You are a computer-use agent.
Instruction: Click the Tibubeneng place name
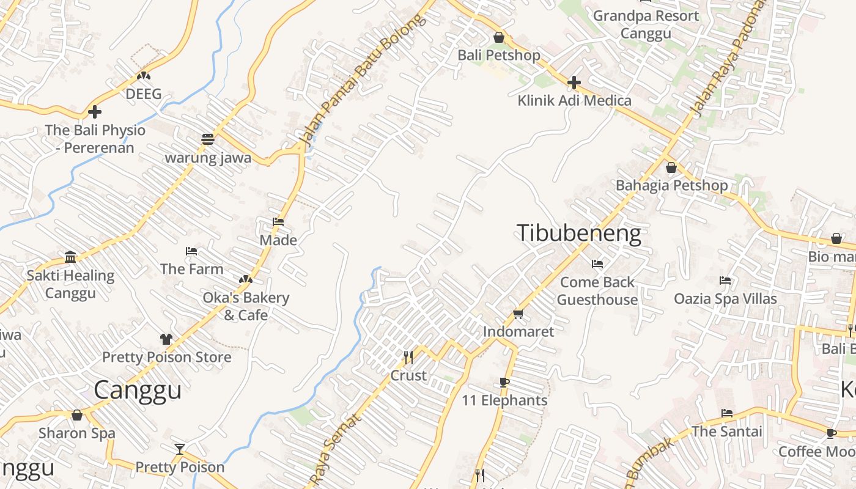click(578, 233)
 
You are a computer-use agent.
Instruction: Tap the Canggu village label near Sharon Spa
click(138, 390)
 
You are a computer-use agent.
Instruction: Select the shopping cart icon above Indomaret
click(518, 314)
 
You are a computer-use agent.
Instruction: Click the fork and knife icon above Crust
click(408, 357)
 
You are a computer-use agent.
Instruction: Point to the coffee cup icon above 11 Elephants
click(504, 383)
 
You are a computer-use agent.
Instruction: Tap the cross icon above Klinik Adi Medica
click(574, 83)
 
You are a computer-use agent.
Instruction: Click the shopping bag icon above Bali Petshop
click(499, 38)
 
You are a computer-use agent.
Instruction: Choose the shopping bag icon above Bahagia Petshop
click(671, 167)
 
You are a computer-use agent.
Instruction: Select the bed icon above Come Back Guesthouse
click(597, 264)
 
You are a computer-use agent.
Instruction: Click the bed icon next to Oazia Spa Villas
click(725, 281)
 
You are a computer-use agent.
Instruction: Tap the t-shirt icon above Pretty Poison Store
click(166, 339)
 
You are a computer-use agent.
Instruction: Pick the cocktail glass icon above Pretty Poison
click(179, 449)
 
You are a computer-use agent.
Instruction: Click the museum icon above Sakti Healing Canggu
click(70, 257)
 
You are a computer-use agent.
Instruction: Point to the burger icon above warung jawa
click(208, 139)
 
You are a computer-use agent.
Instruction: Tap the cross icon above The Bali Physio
click(95, 112)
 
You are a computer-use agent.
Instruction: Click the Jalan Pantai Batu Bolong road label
click(362, 81)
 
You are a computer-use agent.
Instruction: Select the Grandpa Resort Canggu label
click(646, 24)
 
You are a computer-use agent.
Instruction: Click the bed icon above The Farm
click(191, 251)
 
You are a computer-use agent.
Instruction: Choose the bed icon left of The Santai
click(726, 413)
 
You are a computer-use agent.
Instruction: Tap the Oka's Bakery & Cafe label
click(246, 306)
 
